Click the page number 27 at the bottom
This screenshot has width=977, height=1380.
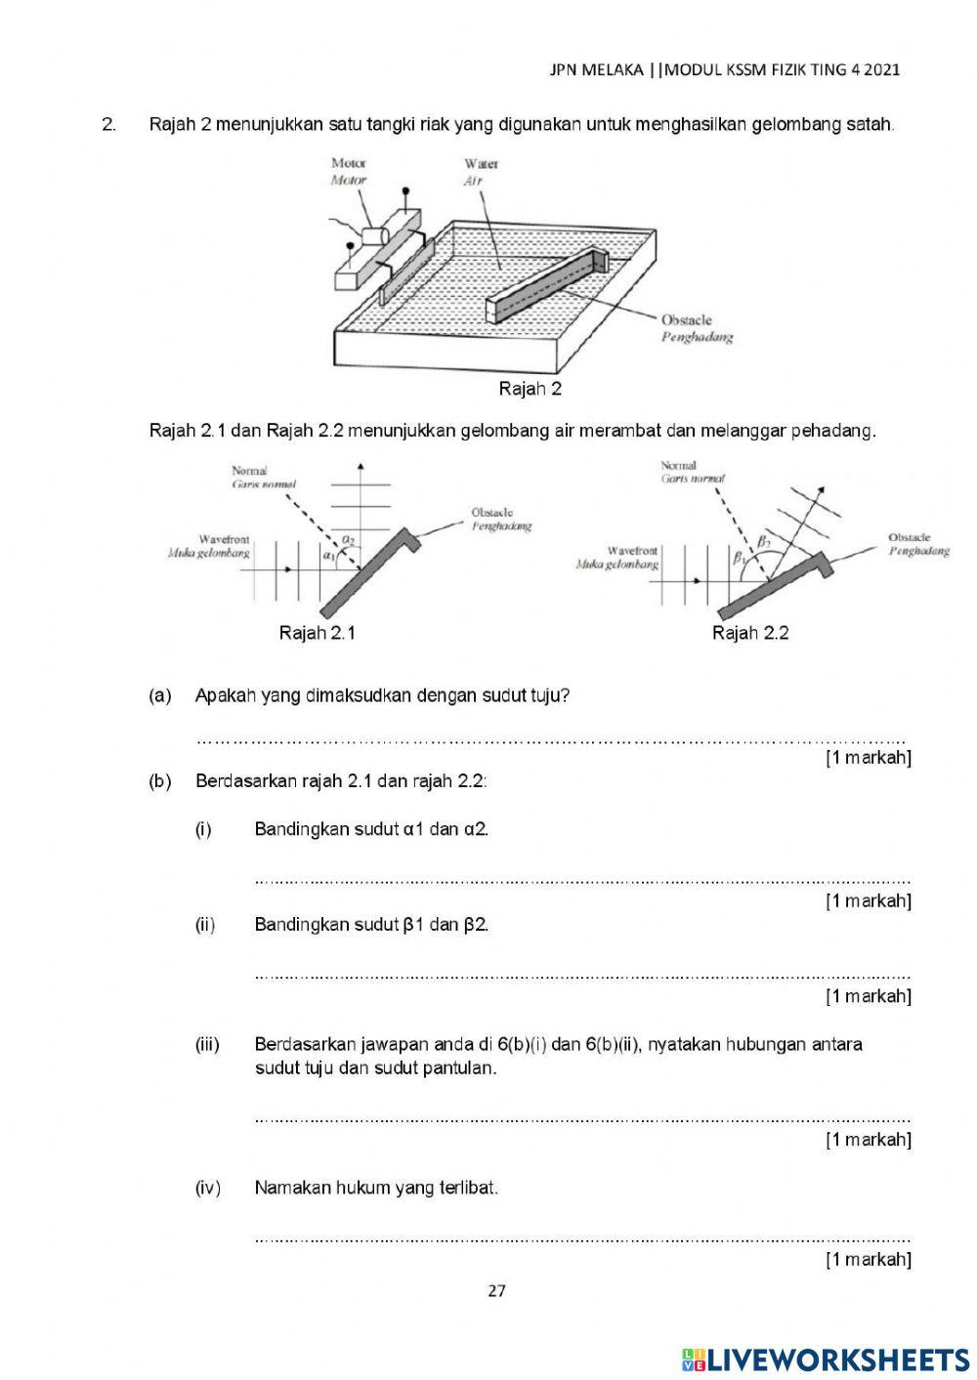coord(496,1290)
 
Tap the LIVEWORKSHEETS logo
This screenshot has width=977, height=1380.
coord(825,1359)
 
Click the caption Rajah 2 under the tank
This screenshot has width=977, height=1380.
coord(530,389)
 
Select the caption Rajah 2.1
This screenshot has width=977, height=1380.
coord(317,633)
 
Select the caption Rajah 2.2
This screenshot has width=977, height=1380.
coord(749,633)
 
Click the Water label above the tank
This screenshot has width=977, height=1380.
coord(481,163)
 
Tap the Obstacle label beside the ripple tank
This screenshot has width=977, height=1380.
coord(686,319)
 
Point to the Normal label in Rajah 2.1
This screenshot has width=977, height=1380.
coord(249,471)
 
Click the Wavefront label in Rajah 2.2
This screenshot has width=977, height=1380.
coord(632,551)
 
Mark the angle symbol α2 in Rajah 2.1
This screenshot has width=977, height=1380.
coord(349,538)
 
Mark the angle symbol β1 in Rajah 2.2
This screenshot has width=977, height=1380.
coord(740,558)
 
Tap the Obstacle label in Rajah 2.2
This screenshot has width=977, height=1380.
coord(909,537)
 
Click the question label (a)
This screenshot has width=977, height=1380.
coord(159,695)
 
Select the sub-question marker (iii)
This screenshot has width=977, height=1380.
coord(207,1044)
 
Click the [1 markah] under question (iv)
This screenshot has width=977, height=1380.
coord(868,1259)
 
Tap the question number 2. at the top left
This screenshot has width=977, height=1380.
coord(108,125)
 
